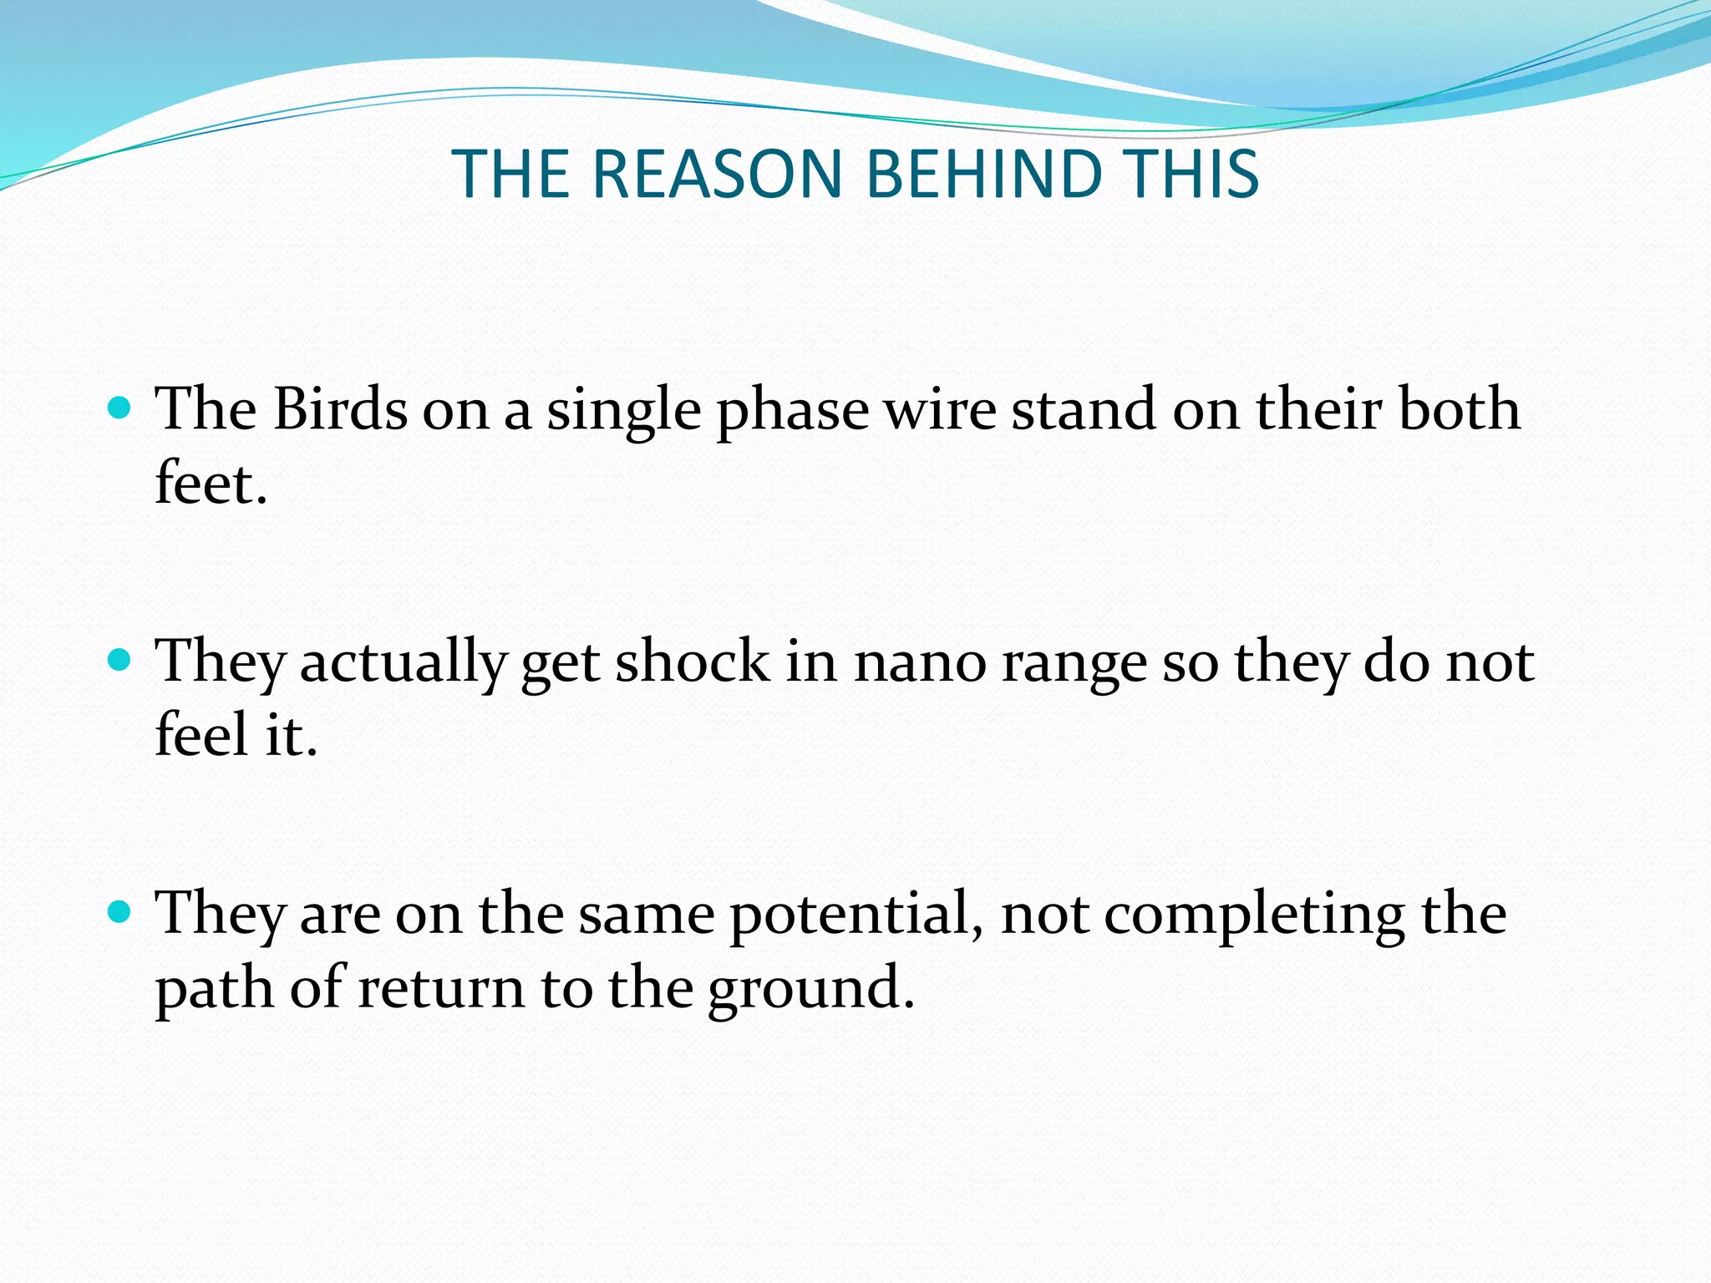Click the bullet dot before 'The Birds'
[x=120, y=409]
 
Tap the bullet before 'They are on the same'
[x=120, y=912]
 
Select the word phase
[x=793, y=411]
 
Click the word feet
[x=209, y=484]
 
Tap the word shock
[x=693, y=662]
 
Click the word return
[x=441, y=987]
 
